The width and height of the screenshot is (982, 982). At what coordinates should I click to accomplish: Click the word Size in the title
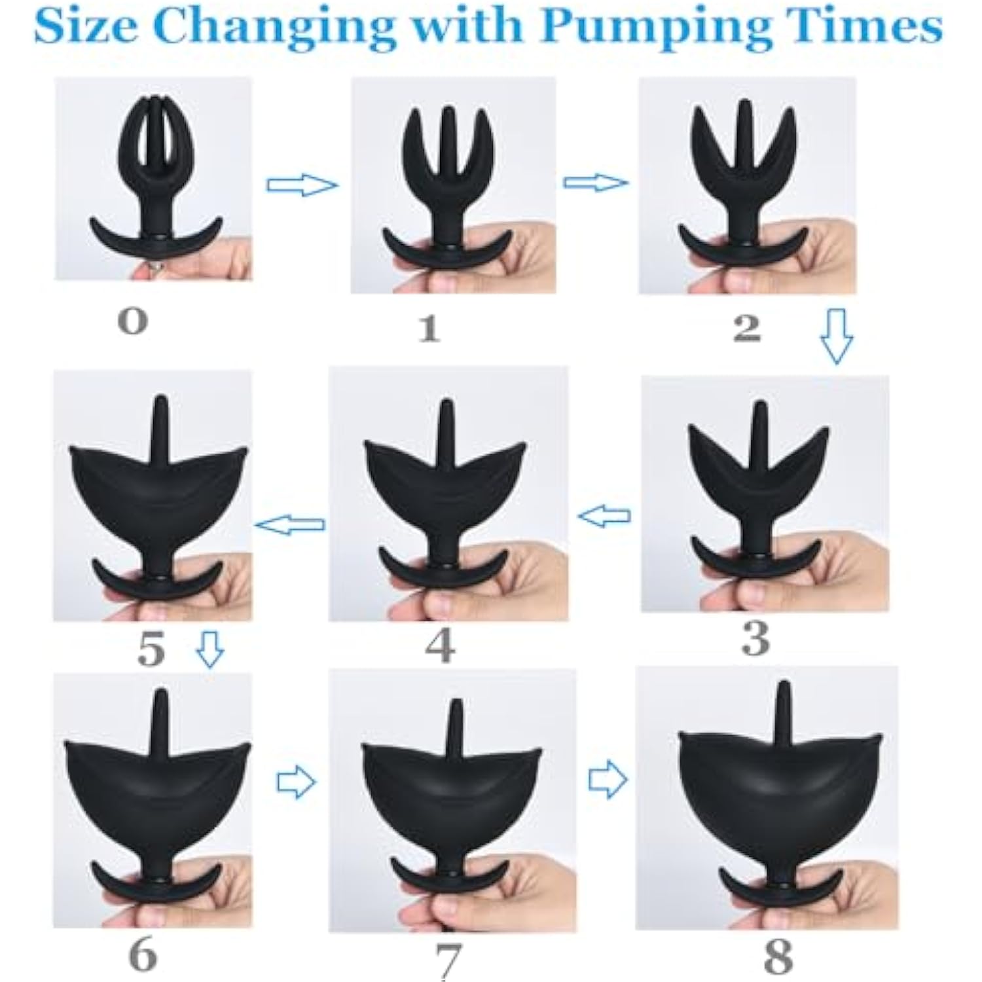pyautogui.click(x=89, y=26)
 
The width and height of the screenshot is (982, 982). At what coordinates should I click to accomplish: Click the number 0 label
pyautogui.click(x=133, y=322)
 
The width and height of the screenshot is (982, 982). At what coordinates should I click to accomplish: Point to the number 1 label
pyautogui.click(x=429, y=328)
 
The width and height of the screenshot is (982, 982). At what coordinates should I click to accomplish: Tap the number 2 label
pyautogui.click(x=747, y=328)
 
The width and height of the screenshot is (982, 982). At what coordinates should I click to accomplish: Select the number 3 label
pyautogui.click(x=755, y=638)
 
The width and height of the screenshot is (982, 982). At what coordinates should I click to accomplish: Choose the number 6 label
pyautogui.click(x=141, y=955)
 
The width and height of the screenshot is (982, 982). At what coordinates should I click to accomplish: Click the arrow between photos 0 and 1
pyautogui.click(x=302, y=185)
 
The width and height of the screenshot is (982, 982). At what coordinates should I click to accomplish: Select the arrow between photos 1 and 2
pyautogui.click(x=595, y=183)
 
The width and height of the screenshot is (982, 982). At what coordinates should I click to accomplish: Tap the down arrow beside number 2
pyautogui.click(x=837, y=336)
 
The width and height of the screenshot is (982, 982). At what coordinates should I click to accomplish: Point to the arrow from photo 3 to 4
pyautogui.click(x=604, y=517)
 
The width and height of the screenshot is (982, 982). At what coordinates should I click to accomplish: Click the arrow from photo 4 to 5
pyautogui.click(x=289, y=524)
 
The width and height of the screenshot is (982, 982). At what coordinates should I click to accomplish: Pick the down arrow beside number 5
pyautogui.click(x=209, y=649)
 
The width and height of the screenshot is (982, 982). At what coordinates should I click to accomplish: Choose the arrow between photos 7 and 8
pyautogui.click(x=608, y=780)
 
